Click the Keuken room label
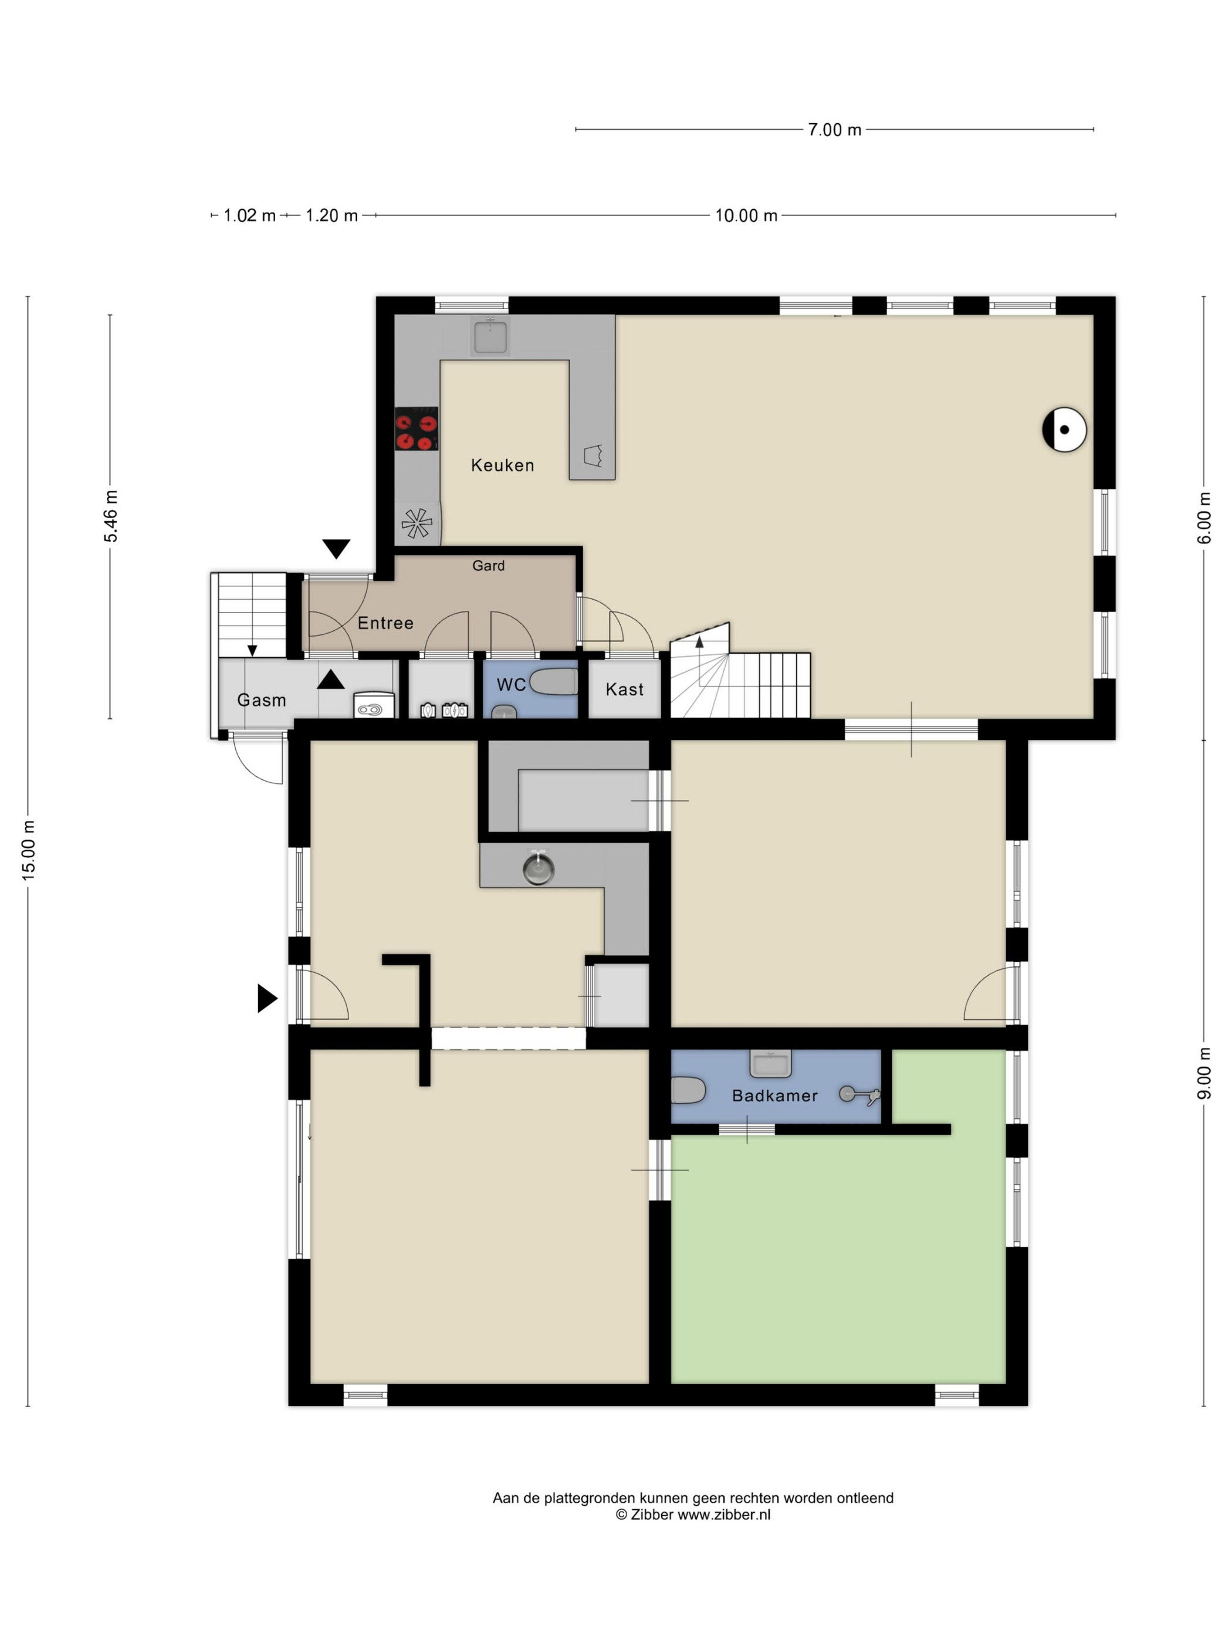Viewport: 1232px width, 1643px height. click(x=502, y=465)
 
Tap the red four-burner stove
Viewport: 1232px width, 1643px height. click(x=416, y=428)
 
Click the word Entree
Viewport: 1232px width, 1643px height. click(x=385, y=623)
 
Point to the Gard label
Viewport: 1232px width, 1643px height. click(x=488, y=565)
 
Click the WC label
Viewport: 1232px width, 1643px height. click(x=511, y=684)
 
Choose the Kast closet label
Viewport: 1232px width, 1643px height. click(x=625, y=689)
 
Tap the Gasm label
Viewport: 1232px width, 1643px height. click(x=262, y=699)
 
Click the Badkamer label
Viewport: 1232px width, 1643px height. click(x=774, y=1096)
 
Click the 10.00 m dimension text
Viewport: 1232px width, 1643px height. click(x=746, y=215)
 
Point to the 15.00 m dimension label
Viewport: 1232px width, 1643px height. click(x=28, y=850)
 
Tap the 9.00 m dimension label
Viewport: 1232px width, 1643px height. click(x=1204, y=1073)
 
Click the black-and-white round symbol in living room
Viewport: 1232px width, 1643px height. click(x=1064, y=430)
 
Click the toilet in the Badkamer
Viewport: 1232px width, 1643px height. click(x=688, y=1090)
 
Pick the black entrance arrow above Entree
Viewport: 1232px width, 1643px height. click(x=336, y=549)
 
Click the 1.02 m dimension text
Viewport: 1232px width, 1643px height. click(x=249, y=215)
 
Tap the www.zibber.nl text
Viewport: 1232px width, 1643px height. click(x=723, y=1514)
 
